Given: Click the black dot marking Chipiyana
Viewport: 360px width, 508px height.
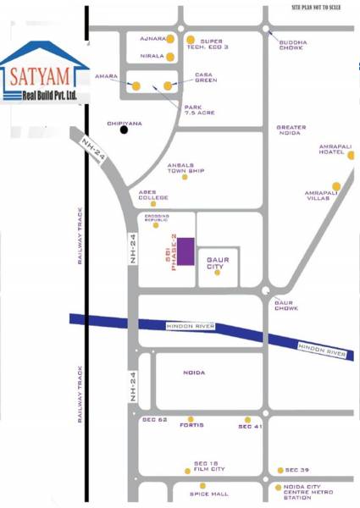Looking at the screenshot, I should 125,130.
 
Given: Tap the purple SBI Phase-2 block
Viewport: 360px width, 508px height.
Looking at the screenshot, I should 185,252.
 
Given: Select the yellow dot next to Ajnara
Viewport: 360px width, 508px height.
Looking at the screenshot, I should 170,39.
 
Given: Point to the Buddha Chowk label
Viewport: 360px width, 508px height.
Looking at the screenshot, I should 293,45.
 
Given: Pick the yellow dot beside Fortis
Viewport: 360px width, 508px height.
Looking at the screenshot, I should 191,418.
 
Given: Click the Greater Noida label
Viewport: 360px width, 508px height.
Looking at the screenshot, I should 291,131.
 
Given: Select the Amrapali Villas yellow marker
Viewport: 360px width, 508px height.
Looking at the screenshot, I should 336,186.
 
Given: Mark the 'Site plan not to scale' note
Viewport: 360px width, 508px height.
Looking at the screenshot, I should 323,7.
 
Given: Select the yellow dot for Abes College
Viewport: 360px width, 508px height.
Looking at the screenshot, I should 153,203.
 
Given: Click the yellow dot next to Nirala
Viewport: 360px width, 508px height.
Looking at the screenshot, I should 170,58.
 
